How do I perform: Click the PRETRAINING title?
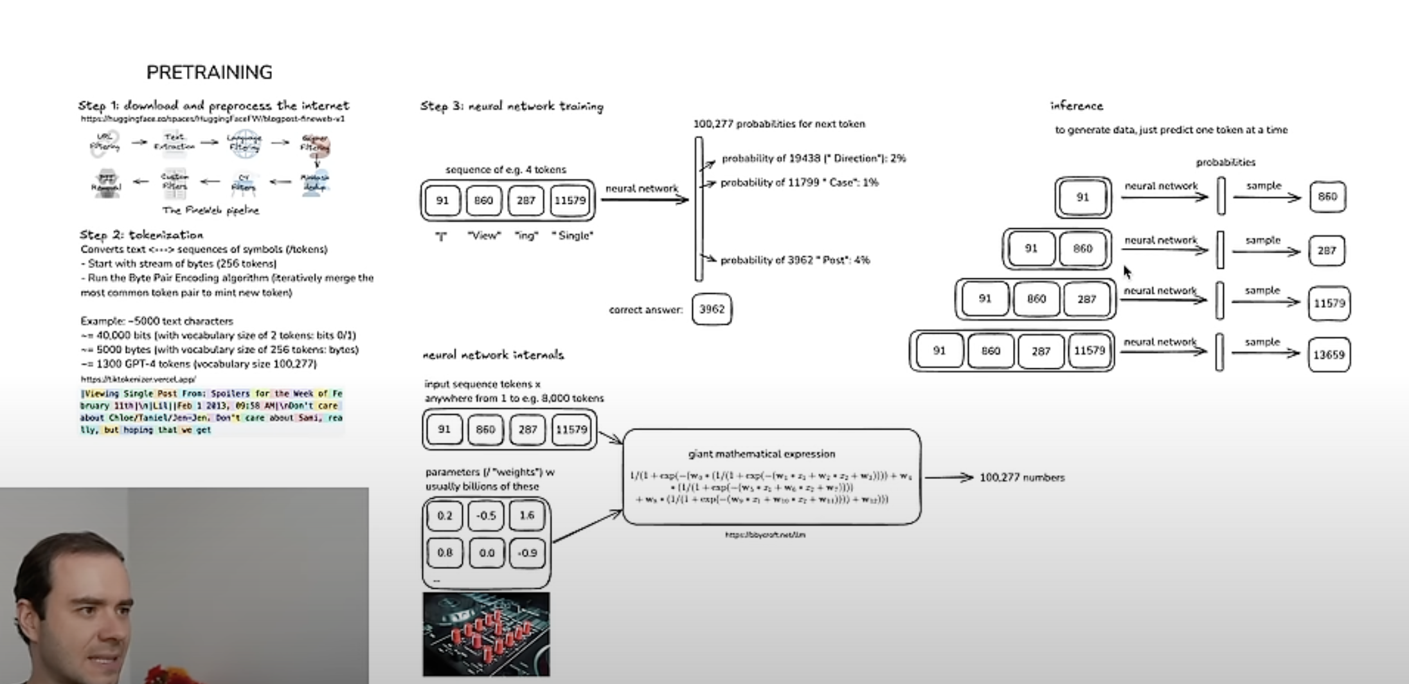(x=210, y=72)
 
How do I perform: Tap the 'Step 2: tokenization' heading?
(x=141, y=235)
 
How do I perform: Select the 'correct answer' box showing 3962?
(x=712, y=309)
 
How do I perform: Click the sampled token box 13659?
(x=1329, y=354)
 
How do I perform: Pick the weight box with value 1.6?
(x=526, y=516)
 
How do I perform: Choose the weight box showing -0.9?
(x=527, y=553)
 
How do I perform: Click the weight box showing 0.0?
(x=487, y=553)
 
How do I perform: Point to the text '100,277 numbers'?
(x=1022, y=478)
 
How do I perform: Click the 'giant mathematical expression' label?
(x=762, y=454)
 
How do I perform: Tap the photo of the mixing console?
(x=487, y=634)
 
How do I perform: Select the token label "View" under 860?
(x=484, y=236)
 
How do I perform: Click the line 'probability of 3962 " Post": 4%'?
(x=794, y=260)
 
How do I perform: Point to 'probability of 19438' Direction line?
(x=813, y=158)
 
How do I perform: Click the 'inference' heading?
(x=1077, y=105)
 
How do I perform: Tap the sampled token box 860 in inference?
(x=1327, y=197)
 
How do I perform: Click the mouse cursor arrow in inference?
(x=1127, y=271)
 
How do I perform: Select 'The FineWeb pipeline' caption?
(x=211, y=210)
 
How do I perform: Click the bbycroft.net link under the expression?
(x=765, y=535)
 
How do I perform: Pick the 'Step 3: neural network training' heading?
(x=512, y=106)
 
